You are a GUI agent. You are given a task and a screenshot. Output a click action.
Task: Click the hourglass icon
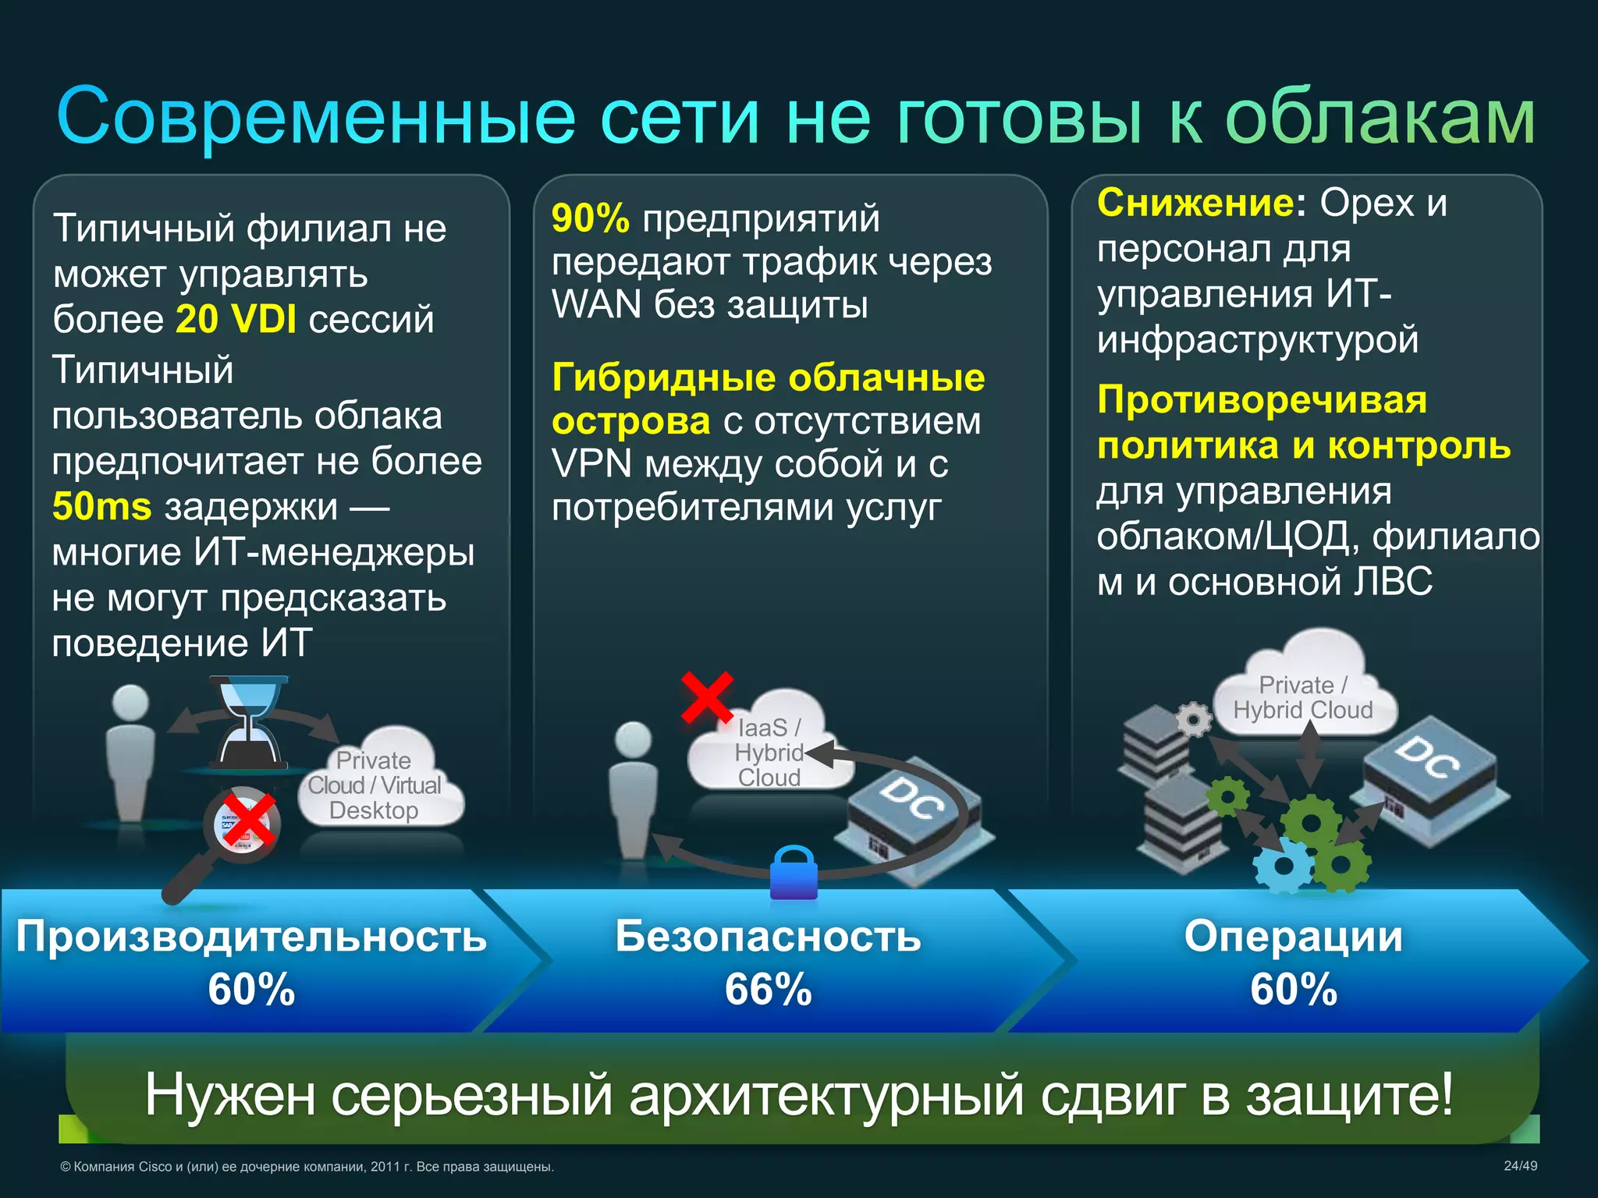click(x=248, y=722)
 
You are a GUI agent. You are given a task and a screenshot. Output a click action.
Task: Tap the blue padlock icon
click(x=794, y=874)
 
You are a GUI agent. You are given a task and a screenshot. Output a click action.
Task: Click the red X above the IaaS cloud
click(x=707, y=696)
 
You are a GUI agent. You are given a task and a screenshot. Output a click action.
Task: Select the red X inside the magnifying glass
click(x=249, y=821)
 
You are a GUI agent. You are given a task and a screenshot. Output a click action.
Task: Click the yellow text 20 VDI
click(x=236, y=319)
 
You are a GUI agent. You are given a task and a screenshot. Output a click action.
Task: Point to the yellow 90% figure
click(x=590, y=218)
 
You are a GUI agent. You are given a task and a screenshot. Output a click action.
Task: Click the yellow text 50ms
click(x=101, y=507)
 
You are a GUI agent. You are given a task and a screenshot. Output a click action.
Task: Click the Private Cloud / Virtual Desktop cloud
click(x=378, y=780)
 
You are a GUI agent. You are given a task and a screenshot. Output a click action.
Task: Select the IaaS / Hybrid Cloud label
click(x=769, y=752)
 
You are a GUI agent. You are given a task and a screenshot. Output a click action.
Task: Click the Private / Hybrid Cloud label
click(x=1302, y=697)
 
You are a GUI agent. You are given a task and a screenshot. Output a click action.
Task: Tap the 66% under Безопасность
click(x=768, y=989)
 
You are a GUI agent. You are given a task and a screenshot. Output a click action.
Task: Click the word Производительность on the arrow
click(x=251, y=936)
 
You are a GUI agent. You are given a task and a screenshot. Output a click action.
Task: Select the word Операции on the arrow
click(x=1293, y=936)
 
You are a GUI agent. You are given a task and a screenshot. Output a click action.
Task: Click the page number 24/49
click(x=1520, y=1166)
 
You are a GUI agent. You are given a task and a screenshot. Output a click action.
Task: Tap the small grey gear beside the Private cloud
click(x=1193, y=719)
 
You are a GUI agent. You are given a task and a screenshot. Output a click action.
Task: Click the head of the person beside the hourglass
click(x=130, y=702)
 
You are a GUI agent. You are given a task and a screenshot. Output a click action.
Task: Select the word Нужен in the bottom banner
click(x=230, y=1095)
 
